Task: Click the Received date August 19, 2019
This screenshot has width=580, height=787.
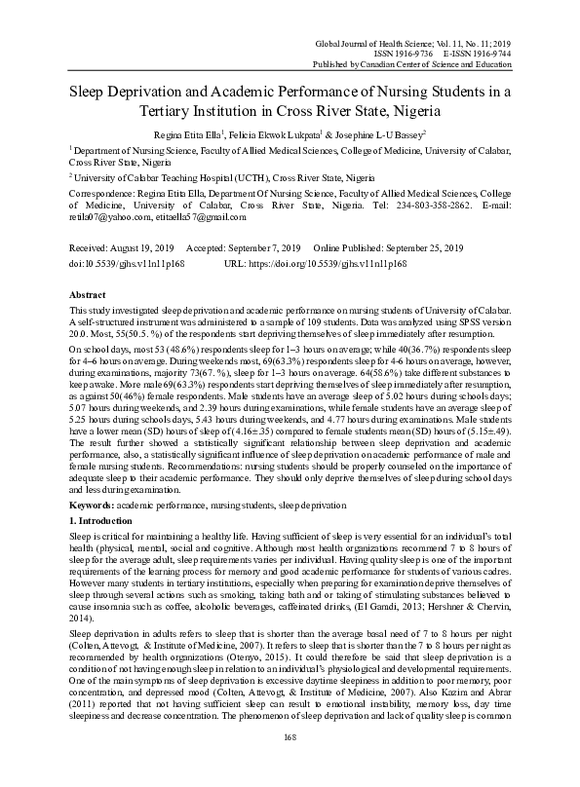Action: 138,248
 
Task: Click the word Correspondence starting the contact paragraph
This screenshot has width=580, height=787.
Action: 102,195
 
